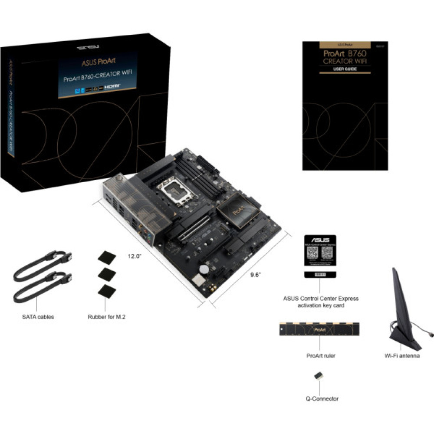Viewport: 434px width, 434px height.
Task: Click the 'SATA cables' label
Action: click(38, 317)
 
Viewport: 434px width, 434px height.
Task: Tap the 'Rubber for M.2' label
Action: click(107, 317)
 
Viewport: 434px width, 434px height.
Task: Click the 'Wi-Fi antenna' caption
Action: click(402, 356)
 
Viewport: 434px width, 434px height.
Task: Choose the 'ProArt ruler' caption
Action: click(320, 356)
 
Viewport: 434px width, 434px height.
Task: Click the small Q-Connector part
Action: click(319, 376)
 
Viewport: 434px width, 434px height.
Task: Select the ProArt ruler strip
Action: click(320, 330)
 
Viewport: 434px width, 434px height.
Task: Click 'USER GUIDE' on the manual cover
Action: click(345, 69)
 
